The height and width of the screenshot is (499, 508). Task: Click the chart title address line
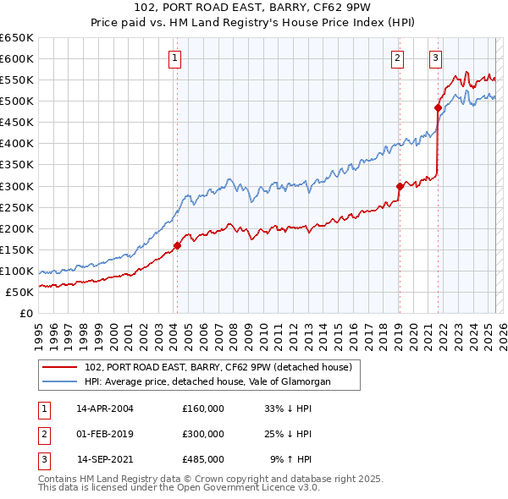click(x=254, y=9)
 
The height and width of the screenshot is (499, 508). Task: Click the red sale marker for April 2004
click(x=177, y=246)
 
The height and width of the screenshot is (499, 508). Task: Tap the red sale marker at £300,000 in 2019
click(x=400, y=186)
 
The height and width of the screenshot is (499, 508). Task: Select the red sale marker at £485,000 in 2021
click(x=438, y=107)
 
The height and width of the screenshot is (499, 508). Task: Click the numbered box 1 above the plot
click(x=174, y=58)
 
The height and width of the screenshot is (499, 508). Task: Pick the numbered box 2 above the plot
click(x=396, y=58)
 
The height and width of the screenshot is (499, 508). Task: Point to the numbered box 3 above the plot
click(x=434, y=58)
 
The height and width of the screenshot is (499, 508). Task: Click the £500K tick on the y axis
click(x=17, y=101)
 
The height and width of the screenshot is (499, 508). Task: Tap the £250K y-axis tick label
click(x=17, y=207)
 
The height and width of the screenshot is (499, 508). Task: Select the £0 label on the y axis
click(x=27, y=314)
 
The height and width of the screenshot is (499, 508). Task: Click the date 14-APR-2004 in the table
click(x=105, y=408)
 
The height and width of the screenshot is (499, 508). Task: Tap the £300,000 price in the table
click(x=203, y=434)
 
